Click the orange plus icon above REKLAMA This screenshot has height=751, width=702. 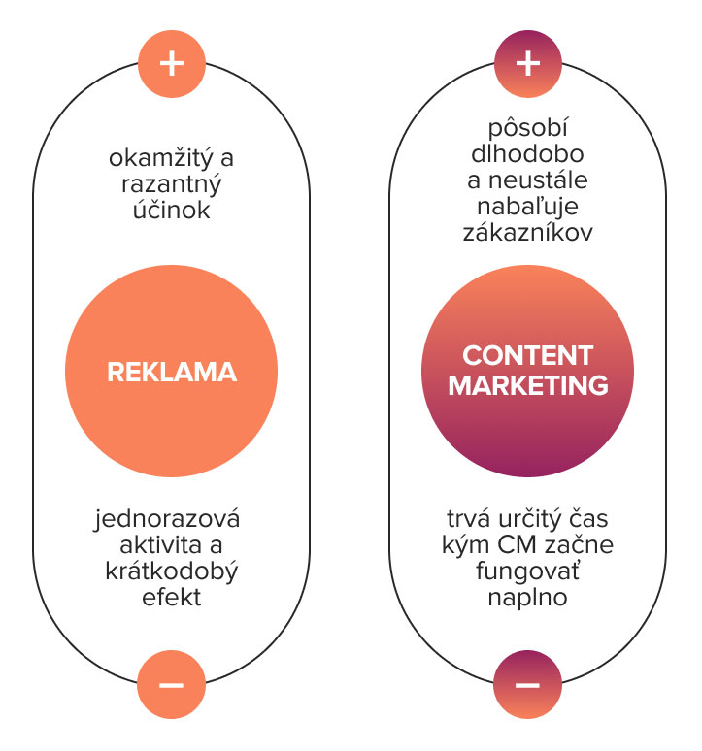click(x=172, y=64)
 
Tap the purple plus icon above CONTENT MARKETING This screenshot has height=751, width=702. click(x=527, y=64)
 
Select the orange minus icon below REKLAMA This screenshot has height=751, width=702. click(x=172, y=684)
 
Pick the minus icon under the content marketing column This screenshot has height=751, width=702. click(x=527, y=684)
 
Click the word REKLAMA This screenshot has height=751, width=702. click(x=172, y=373)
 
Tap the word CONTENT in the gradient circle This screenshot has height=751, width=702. click(x=527, y=355)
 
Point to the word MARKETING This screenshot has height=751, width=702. click(x=528, y=385)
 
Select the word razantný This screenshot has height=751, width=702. click(x=172, y=184)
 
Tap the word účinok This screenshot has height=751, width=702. click(x=172, y=210)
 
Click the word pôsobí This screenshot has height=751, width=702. click(x=527, y=129)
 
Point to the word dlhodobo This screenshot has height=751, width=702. click(x=527, y=153)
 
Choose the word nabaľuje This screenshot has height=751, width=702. click(x=527, y=207)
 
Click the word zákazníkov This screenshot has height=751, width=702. click(x=527, y=232)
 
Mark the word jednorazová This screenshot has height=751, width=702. click(x=167, y=519)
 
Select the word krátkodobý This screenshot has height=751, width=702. click(x=172, y=571)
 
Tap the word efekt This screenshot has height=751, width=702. click(x=172, y=598)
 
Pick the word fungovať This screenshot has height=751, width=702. click(x=527, y=571)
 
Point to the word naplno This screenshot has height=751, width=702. click(x=527, y=598)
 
